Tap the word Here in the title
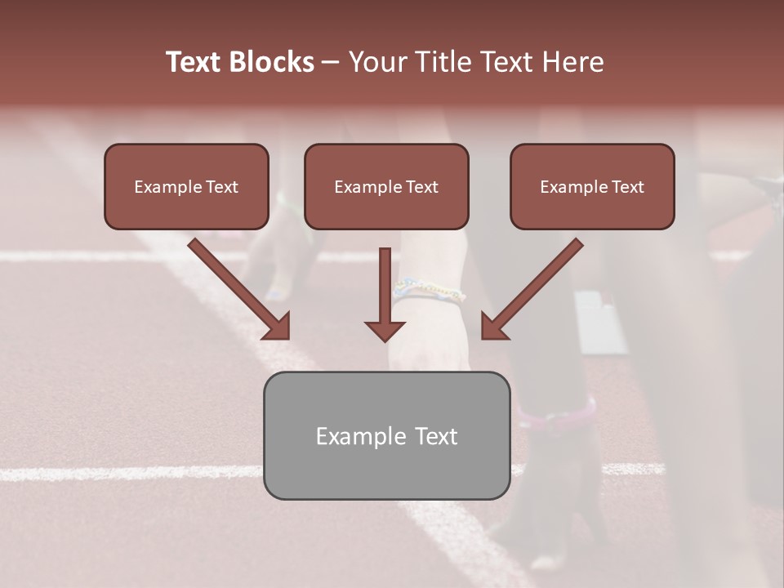click(573, 62)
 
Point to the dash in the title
click(331, 62)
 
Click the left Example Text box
click(186, 187)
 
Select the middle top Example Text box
click(386, 187)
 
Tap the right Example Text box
click(592, 187)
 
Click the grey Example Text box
click(386, 436)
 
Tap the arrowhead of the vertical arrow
click(385, 329)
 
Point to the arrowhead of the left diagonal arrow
click(277, 326)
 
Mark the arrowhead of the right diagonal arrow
click(494, 326)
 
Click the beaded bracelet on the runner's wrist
click(429, 290)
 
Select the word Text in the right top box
click(627, 187)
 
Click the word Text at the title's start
click(195, 62)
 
